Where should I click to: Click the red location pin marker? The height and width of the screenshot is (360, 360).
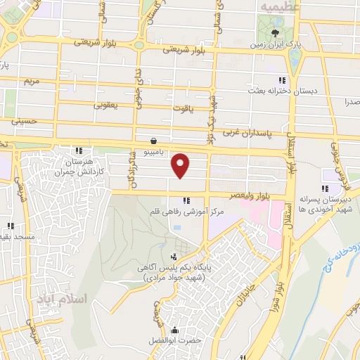tap(181, 165)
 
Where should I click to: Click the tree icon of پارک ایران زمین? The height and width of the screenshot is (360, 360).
tap(275, 32)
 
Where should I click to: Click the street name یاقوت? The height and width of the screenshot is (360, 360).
tap(182, 108)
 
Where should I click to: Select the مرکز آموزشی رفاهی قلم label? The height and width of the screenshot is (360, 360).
tap(186, 211)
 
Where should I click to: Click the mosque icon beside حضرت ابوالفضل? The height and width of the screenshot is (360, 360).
tap(174, 331)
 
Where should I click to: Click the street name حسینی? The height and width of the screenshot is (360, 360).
tap(22, 121)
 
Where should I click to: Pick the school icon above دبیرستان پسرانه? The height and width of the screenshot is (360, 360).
tap(325, 188)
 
